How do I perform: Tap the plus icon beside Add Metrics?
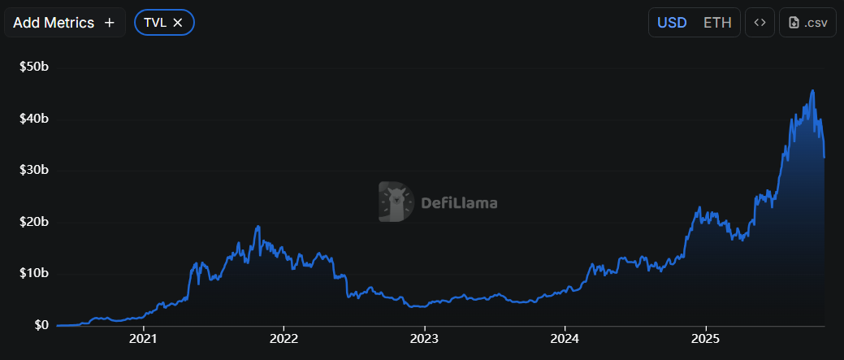point(110,23)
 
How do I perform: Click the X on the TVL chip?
point(178,23)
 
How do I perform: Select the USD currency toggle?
point(672,23)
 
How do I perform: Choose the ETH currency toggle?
point(717,23)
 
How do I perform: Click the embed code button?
point(760,23)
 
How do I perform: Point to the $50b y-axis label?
point(34,67)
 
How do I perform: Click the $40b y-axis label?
point(34,119)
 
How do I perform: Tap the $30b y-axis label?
point(34,171)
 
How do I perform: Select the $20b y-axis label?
point(34,222)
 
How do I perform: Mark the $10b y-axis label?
point(34,274)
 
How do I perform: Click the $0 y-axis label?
point(39,325)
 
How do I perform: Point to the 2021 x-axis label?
point(143,338)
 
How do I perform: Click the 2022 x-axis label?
point(283,338)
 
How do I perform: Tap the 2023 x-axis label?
point(425,338)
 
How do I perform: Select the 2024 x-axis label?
point(565,338)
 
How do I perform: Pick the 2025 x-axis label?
point(706,338)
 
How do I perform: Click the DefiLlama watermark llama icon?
point(396,202)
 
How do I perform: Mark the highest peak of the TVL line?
point(812,91)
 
